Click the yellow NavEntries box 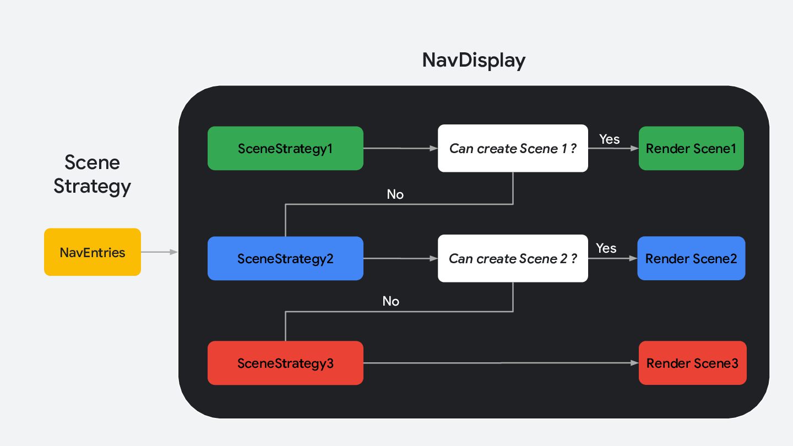click(93, 252)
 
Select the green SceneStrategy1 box click(285, 148)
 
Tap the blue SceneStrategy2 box click(285, 258)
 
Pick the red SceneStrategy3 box click(285, 363)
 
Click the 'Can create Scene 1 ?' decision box click(513, 148)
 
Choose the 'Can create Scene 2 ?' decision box click(513, 258)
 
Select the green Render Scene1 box click(691, 148)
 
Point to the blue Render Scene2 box click(691, 258)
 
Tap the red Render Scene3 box click(692, 363)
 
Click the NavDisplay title click(474, 60)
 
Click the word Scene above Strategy click(92, 162)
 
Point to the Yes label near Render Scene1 click(609, 139)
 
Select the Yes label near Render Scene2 click(606, 248)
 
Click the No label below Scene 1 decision click(395, 194)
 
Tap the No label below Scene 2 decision click(391, 301)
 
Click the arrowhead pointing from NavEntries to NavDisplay click(173, 252)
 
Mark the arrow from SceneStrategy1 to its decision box click(401, 148)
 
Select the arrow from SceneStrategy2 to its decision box click(401, 258)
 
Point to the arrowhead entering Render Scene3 click(634, 363)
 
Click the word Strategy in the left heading click(92, 187)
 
